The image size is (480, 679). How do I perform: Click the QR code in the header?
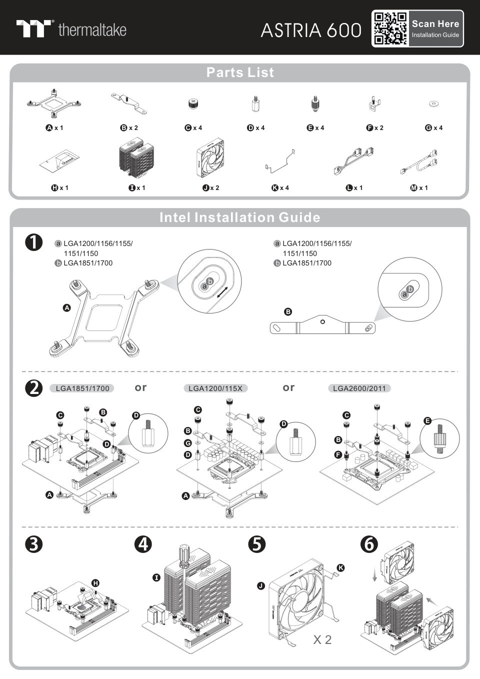[x=390, y=28]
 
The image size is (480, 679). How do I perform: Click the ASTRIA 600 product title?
[x=310, y=30]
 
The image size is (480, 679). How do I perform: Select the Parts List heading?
[x=240, y=72]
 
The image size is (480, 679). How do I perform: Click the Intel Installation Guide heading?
[x=240, y=217]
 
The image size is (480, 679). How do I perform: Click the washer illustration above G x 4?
[x=434, y=104]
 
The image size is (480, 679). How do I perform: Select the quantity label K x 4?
[x=280, y=188]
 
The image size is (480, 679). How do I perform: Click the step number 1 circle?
[x=33, y=243]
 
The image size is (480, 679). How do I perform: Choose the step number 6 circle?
[x=369, y=544]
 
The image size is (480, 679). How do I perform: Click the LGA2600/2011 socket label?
[x=359, y=388]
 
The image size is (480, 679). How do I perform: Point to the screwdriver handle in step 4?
[x=183, y=556]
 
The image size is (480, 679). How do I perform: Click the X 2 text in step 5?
[x=322, y=639]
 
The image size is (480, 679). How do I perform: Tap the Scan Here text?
[x=435, y=23]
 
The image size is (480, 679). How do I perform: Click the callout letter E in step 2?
[x=427, y=421]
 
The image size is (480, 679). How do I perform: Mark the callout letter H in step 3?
[x=95, y=583]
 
